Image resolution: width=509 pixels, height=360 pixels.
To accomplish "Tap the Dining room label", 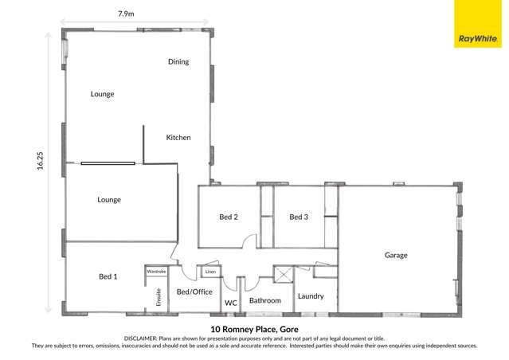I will coord(178,61).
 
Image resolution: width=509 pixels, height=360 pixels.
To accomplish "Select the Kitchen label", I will coord(178,138).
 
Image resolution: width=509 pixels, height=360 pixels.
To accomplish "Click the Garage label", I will coord(396,256).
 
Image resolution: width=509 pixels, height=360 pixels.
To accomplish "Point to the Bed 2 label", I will coord(229,217).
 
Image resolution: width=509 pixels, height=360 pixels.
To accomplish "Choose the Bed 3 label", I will coord(299,217).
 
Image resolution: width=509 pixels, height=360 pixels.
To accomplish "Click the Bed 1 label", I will coord(108,276).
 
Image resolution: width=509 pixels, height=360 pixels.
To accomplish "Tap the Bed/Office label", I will coord(194,292).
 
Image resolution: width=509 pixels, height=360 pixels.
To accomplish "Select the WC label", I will coord(231,303).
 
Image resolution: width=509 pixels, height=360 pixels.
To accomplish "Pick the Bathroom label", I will coord(265,301).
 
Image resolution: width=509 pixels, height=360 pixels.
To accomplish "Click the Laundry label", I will coord(311,296).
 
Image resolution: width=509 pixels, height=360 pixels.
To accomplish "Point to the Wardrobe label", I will coord(156,272).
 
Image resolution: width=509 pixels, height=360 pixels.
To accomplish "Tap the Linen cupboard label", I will coord(210,272).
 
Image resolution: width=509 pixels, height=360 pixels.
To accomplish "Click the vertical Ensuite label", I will coord(159,296).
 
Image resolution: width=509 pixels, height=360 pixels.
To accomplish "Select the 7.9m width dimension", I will coord(126,14).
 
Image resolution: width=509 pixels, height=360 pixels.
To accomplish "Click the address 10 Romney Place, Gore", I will coord(254,327).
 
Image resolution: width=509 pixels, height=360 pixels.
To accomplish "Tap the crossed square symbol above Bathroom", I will coord(283,275).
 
